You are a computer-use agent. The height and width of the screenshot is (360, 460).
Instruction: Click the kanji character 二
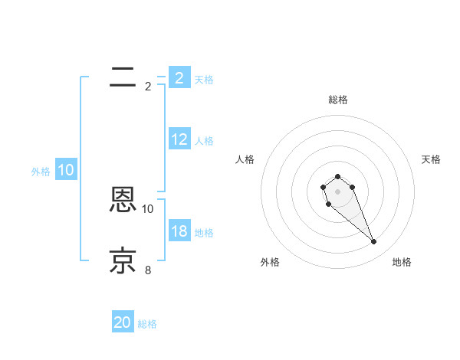(x=123, y=77)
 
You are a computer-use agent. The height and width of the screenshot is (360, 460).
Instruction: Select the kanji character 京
(x=123, y=261)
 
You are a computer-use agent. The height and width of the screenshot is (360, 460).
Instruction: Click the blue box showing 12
(x=179, y=139)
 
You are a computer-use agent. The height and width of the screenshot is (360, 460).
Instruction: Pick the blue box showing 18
(x=179, y=231)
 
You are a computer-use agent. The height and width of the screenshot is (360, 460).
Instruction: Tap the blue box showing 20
(x=123, y=322)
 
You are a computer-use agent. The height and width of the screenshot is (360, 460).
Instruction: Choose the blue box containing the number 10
(x=66, y=170)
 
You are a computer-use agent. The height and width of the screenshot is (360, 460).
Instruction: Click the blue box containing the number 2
(x=179, y=77)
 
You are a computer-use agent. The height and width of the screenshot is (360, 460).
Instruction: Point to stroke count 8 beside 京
(x=148, y=270)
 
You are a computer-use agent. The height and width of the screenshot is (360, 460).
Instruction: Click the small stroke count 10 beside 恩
(x=148, y=208)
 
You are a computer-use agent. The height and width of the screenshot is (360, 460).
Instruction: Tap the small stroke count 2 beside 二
(x=148, y=86)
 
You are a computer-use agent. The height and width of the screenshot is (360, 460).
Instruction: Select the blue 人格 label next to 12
(x=204, y=141)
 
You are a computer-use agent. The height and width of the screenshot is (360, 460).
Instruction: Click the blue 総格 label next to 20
(x=147, y=324)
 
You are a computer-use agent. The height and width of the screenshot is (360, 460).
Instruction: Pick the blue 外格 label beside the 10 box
(x=41, y=172)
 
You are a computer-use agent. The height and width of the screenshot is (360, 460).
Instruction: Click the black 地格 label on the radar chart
(x=402, y=262)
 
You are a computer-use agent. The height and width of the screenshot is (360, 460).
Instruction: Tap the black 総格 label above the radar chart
(x=337, y=100)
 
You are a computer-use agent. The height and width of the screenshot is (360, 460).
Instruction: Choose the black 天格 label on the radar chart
(x=431, y=159)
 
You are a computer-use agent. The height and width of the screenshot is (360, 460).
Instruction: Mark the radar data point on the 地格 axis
(x=374, y=242)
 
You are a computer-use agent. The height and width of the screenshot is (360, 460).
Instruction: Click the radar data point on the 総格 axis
(x=337, y=176)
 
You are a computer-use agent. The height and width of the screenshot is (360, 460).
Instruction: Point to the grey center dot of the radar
(x=337, y=191)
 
